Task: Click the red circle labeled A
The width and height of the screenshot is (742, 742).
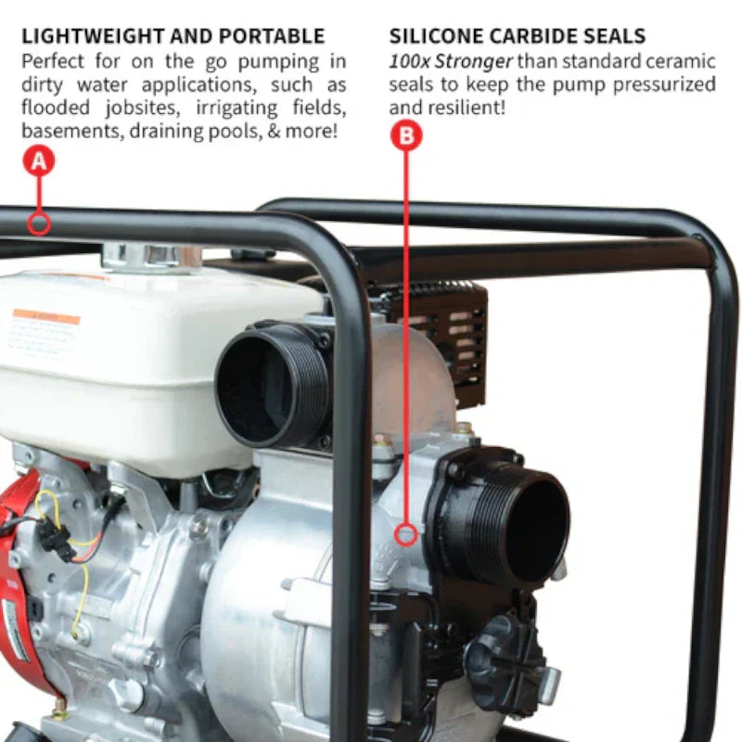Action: point(38,161)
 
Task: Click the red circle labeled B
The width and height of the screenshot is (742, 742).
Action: point(406,136)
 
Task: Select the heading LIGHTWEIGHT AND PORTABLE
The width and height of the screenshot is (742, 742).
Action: point(173,37)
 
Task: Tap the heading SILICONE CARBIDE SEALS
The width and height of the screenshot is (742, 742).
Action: point(518,37)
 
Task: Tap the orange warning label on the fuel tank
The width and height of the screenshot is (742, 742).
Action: point(46,317)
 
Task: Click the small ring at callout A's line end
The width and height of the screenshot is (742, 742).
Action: point(38,224)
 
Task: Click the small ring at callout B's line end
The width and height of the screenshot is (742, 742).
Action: point(405,534)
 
